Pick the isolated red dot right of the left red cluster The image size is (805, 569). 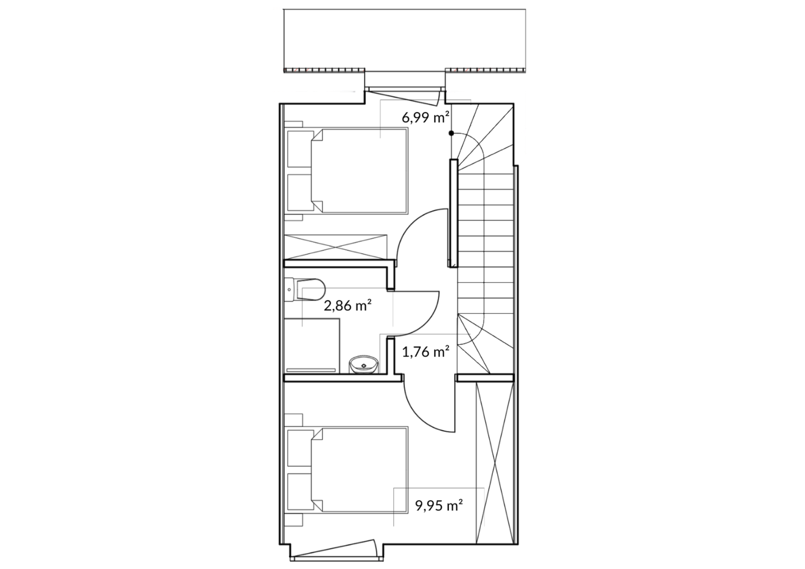(363, 70)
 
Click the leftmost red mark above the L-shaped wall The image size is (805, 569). (455, 70)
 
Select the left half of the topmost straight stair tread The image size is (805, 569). (471, 182)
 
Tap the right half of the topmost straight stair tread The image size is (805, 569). (499, 182)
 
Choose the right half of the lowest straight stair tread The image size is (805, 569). (499, 306)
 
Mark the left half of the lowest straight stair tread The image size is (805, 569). (471, 306)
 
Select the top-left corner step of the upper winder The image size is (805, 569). (460, 118)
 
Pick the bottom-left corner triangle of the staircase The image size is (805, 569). (465, 365)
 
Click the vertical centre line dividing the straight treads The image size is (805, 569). (485, 244)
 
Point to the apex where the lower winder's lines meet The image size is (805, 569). (458, 314)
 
